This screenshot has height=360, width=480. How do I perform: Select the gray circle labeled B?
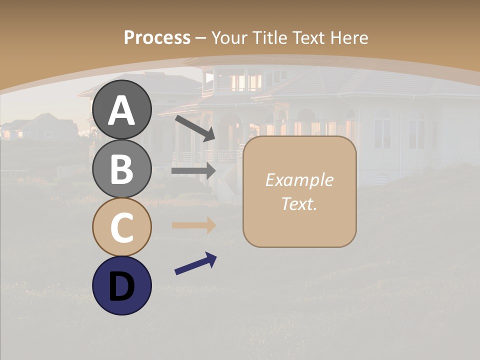coord(122,168)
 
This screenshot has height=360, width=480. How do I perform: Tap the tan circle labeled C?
coord(122,227)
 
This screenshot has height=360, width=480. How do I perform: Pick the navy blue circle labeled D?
coord(122,285)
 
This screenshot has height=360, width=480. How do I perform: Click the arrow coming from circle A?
coord(195,128)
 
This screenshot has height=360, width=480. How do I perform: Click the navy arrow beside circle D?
coord(195,264)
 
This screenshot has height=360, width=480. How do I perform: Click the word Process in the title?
coord(157,37)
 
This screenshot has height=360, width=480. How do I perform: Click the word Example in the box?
coord(299,180)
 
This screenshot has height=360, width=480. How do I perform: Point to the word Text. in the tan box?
coord(299,203)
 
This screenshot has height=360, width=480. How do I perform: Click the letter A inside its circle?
coord(122,110)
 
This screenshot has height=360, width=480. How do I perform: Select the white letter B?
coord(122,169)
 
